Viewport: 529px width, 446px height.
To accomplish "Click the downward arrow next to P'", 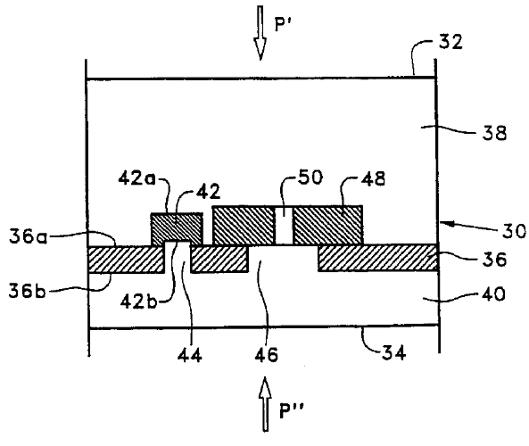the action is point(260,33).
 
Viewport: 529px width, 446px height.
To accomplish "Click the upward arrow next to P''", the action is point(265,404).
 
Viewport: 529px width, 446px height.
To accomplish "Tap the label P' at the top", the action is point(283,24).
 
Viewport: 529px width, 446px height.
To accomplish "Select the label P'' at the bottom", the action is point(293,411).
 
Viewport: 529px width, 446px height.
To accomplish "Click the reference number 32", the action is point(450,42).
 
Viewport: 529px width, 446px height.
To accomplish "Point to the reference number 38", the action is point(494,133).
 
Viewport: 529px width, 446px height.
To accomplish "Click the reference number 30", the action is point(514,231).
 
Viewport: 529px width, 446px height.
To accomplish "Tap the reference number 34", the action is point(394,353).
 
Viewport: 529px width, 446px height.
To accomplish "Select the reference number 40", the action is point(493,293).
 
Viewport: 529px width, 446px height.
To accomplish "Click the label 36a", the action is point(28,236).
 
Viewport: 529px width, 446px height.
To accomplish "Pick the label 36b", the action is point(27,291).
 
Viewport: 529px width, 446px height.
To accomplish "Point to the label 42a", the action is point(137,178).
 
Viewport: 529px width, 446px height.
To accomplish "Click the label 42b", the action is point(138,301).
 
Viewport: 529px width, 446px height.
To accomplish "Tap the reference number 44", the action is point(190,355).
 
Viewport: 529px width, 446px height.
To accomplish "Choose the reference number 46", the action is point(266,355).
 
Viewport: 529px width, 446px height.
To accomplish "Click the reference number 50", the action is point(310,177).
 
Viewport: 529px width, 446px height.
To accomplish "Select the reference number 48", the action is point(373,178).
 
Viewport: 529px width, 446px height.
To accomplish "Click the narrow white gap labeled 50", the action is point(284,226).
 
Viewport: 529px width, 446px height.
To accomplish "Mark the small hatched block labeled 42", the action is point(177,227).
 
